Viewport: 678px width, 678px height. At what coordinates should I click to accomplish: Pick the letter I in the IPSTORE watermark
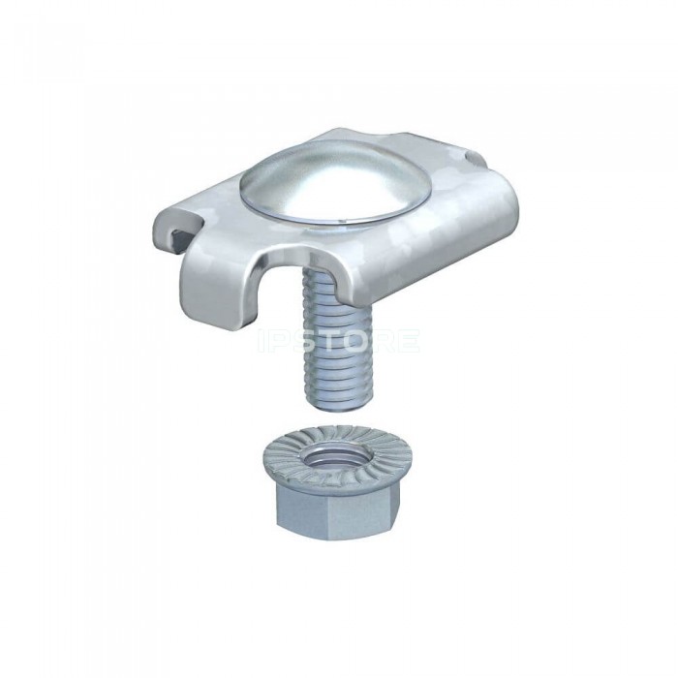pos(261,341)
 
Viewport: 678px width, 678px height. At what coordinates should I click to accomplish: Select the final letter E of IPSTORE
pos(409,341)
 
